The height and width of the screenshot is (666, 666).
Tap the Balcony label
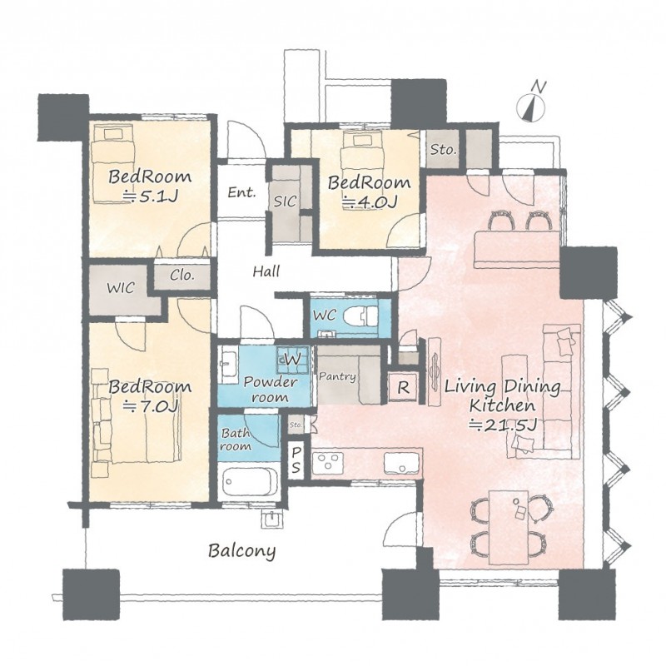[x=241, y=551]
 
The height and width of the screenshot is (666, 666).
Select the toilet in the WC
[x=360, y=316]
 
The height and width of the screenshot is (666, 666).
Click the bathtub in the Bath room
[x=249, y=483]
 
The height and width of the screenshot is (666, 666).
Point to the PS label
[x=296, y=460]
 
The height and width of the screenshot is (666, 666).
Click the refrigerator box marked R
[x=403, y=387]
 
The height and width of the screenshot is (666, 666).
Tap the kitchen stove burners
[x=328, y=463]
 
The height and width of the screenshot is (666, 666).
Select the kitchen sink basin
[x=401, y=463]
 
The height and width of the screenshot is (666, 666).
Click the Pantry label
[x=337, y=376]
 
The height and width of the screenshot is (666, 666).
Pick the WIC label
[x=121, y=288]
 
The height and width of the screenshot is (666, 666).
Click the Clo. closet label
[x=181, y=276]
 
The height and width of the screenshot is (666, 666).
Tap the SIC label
[x=284, y=201]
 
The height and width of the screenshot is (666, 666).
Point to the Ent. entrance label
[x=241, y=192]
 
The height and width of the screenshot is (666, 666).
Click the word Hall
[x=266, y=271]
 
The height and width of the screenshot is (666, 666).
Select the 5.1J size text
[x=150, y=197]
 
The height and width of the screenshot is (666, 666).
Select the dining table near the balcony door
[x=508, y=528]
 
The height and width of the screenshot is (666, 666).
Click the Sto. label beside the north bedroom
[x=443, y=150]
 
